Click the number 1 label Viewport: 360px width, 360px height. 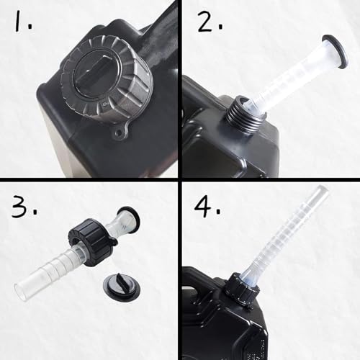[x=19, y=24]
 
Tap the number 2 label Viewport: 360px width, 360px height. [x=205, y=25]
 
